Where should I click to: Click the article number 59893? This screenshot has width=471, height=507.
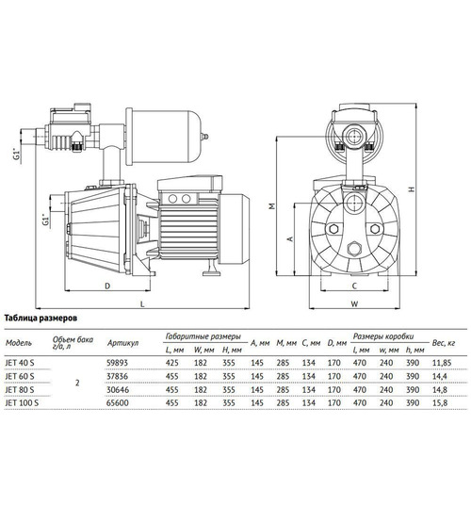[x=117, y=363]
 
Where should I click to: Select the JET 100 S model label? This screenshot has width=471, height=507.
[x=22, y=403]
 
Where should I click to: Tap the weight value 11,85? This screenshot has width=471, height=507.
[x=442, y=363]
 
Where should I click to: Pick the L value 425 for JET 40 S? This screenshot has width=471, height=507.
[x=172, y=363]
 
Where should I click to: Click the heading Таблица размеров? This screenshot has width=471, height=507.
[x=41, y=319]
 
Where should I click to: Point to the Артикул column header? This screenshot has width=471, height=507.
[x=122, y=343]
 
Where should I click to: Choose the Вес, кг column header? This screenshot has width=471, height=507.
[x=444, y=343]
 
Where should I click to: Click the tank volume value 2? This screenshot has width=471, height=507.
[x=77, y=383]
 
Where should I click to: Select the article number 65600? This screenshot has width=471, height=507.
[x=118, y=403]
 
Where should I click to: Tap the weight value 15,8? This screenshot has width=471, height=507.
[x=440, y=403]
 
